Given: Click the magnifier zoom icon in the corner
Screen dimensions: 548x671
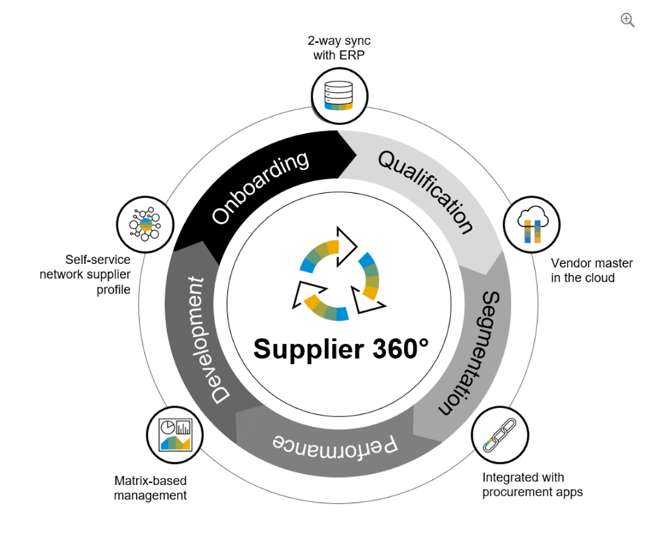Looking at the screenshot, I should tap(627, 21).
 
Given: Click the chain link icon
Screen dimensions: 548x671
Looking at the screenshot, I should tap(499, 433).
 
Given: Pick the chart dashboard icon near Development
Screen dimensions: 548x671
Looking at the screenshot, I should tap(175, 433).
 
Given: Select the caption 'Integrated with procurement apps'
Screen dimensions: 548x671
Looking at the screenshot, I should tap(532, 484).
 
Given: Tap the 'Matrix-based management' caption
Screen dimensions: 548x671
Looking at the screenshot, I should tap(150, 487).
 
